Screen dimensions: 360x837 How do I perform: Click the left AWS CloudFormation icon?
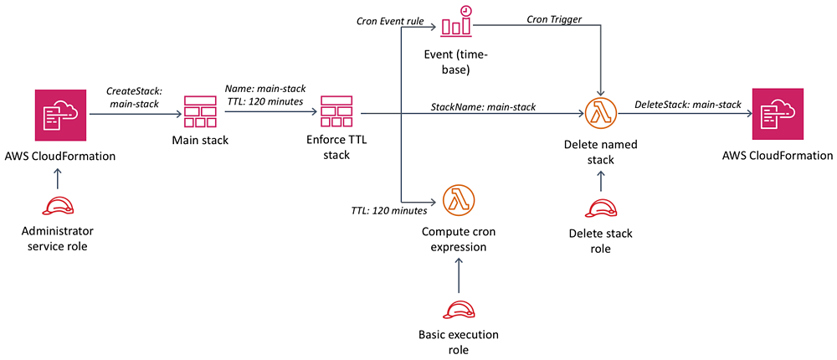coord(56,115)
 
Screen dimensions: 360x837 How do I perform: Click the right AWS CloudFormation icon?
coord(780,115)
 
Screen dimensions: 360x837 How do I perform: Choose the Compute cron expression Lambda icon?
coord(458,202)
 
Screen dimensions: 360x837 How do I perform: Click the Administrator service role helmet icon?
coord(57,207)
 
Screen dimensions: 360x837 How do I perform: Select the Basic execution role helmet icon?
coord(458,311)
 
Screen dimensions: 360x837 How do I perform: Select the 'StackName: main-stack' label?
coord(483,106)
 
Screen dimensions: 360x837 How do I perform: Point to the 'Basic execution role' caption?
coord(458,342)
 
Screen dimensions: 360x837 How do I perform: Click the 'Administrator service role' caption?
coord(57,238)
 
